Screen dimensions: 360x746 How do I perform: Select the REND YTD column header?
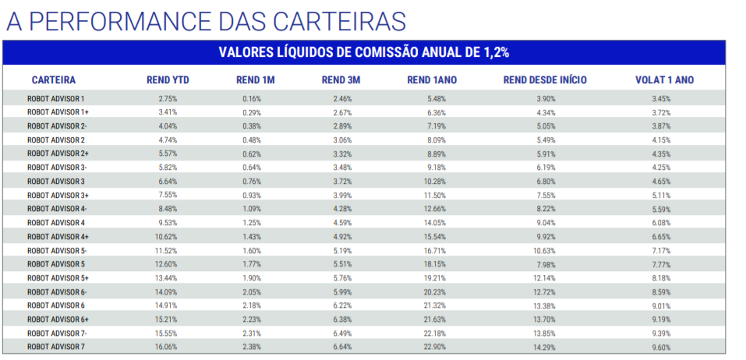[x=168, y=79]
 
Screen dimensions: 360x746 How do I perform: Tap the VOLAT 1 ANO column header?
[x=664, y=79]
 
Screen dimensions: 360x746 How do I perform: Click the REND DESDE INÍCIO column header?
[x=545, y=79]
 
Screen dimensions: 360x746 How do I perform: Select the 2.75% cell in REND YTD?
[x=168, y=99]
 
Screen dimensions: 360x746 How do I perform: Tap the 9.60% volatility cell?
[x=661, y=346]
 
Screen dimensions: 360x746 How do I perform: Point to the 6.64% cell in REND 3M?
[x=342, y=346]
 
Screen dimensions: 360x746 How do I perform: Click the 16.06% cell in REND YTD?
[x=168, y=346]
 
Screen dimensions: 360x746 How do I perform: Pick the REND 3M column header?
[x=341, y=79]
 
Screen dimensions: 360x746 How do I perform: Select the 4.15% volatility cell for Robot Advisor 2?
[x=661, y=140]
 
